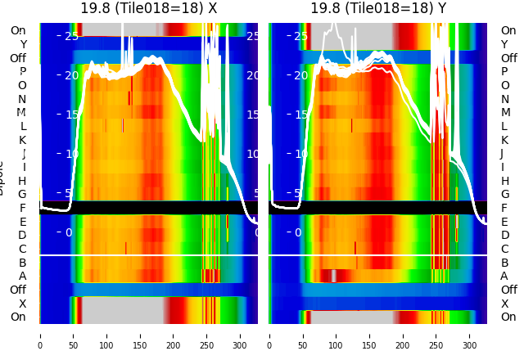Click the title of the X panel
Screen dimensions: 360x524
click(148, 8)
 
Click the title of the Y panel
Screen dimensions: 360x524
click(378, 8)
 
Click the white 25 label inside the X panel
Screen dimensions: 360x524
click(71, 36)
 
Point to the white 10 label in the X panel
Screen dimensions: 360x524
click(71, 154)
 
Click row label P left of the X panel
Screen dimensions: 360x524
click(22, 72)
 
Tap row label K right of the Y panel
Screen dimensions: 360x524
click(504, 140)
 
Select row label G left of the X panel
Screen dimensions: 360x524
click(22, 195)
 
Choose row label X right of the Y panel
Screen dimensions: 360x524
click(504, 304)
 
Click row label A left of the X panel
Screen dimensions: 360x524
click(22, 277)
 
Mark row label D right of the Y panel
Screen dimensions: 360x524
click(504, 236)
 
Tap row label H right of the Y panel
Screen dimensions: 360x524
click(504, 181)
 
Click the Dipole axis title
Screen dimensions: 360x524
click(2, 177)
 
